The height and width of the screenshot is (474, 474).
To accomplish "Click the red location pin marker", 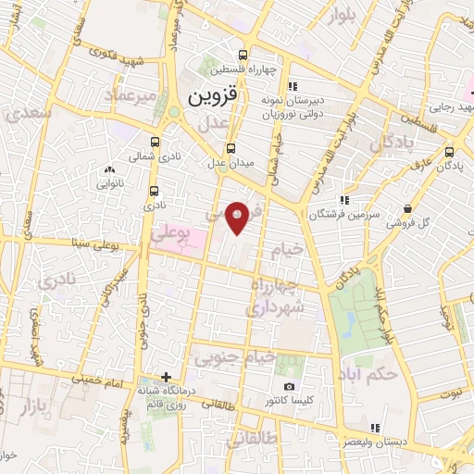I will click(x=238, y=216).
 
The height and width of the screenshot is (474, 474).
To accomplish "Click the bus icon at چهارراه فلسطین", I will click(x=243, y=55).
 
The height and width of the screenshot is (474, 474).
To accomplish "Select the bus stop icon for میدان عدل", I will click(x=231, y=147).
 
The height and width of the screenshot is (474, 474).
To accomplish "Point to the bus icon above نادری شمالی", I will click(x=154, y=143).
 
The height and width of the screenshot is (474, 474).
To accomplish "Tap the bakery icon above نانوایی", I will click(x=109, y=169).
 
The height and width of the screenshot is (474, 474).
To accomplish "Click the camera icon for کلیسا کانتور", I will click(x=290, y=386).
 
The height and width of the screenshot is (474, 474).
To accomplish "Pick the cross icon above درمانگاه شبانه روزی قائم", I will click(x=166, y=377).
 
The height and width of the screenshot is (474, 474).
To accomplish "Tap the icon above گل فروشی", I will click(x=408, y=208).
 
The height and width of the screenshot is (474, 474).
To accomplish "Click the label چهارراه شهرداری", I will click(x=284, y=293).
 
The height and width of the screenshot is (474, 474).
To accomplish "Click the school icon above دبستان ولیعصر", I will click(x=375, y=427).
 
